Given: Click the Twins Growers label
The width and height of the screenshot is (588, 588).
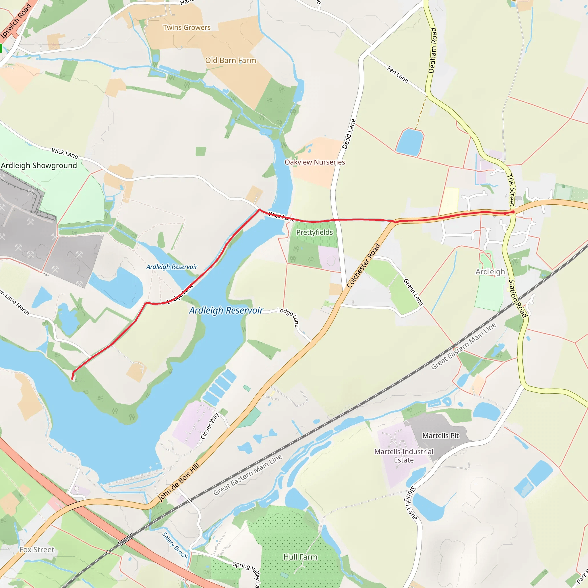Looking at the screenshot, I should (187, 28).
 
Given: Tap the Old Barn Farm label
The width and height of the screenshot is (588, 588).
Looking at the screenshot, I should (230, 61).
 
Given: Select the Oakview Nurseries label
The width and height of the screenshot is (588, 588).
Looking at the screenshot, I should (315, 162).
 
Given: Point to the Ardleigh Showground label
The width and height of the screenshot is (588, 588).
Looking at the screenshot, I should (39, 166).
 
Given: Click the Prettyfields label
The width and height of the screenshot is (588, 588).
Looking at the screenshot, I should (314, 233).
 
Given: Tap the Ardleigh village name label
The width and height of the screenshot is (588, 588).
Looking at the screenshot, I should (490, 272).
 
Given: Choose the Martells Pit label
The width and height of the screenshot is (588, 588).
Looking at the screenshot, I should (440, 436).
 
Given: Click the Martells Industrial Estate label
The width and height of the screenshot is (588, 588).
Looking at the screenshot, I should (404, 456).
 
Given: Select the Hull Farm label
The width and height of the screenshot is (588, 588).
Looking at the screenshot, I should (300, 557).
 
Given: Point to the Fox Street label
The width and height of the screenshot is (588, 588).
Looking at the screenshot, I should (37, 550).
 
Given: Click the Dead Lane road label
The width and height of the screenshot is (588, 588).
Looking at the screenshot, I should (349, 134).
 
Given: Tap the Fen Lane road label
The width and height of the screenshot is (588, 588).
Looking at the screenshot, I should (397, 74).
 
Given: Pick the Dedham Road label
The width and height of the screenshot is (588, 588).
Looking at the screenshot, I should (432, 51).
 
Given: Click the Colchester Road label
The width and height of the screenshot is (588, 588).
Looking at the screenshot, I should (363, 265).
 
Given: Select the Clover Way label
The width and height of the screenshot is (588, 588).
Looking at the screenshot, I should (210, 426).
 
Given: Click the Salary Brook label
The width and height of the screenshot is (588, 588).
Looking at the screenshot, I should (175, 545).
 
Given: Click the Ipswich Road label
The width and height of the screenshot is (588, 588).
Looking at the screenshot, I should (16, 21).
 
